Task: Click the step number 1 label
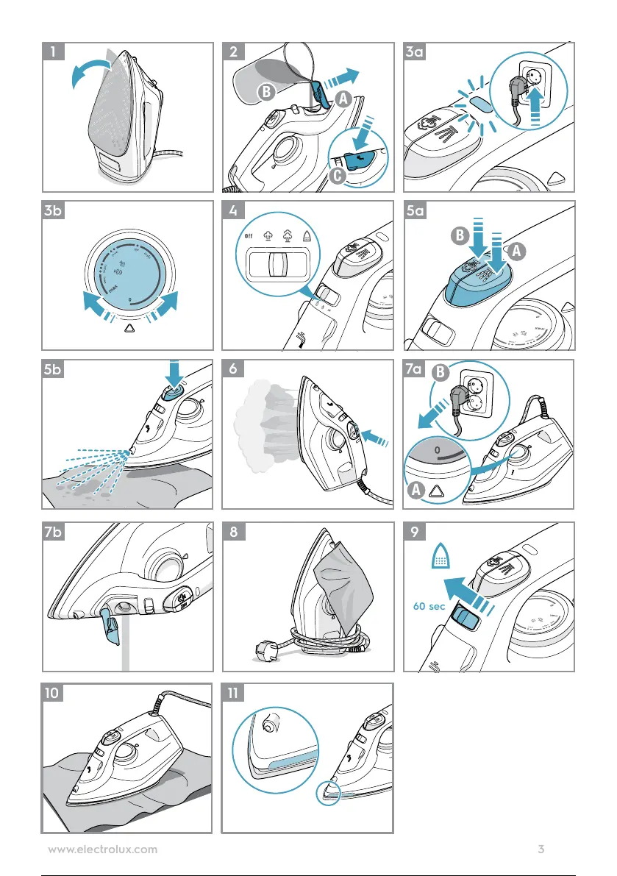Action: coord(54,52)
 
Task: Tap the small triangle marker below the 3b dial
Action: coord(129,330)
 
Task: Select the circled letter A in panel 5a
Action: coord(517,252)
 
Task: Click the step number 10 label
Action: coord(56,691)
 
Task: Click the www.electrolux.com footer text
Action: coord(102,850)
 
